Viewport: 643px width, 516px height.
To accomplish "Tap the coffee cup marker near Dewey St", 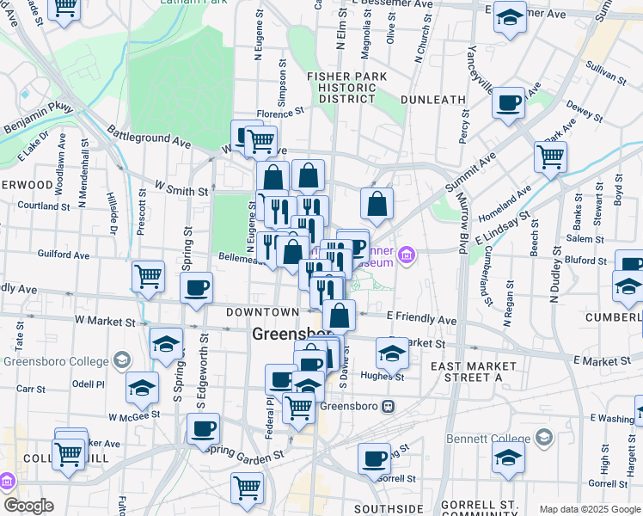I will coord(508,102).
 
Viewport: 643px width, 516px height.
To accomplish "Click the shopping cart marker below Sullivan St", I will coord(550,157).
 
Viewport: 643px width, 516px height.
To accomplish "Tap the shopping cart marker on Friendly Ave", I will coord(148,276).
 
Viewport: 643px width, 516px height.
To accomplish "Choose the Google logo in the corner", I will coord(28,506).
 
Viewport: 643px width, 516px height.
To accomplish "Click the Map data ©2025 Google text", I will coord(590,509).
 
